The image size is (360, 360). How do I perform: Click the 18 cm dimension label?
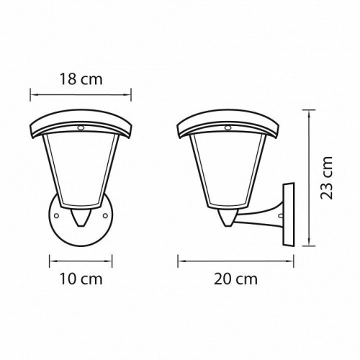tap(81, 80)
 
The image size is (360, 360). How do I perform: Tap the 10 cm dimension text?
tap(81, 277)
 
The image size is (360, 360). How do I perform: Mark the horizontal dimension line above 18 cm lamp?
tap(81, 92)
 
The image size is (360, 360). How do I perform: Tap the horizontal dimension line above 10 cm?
tap(81, 261)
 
